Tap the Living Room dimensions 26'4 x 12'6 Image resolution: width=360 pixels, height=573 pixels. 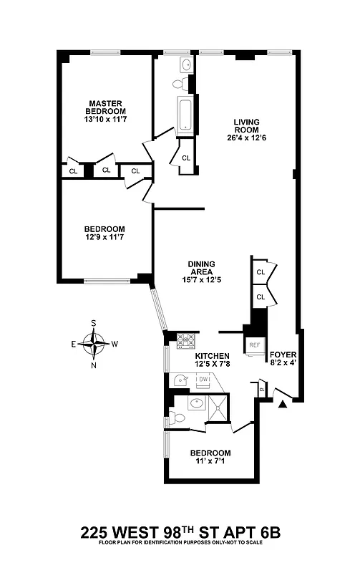[245, 138]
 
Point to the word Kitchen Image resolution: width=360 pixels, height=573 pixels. [212, 356]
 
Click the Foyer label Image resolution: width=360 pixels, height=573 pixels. [282, 355]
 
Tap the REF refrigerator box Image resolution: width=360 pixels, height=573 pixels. [253, 345]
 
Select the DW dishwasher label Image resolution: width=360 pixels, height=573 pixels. [203, 380]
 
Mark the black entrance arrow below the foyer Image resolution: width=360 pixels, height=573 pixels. [283, 405]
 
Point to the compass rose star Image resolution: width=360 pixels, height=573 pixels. [93, 344]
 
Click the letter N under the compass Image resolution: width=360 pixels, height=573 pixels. [93, 365]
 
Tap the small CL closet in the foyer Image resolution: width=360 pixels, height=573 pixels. [262, 390]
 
